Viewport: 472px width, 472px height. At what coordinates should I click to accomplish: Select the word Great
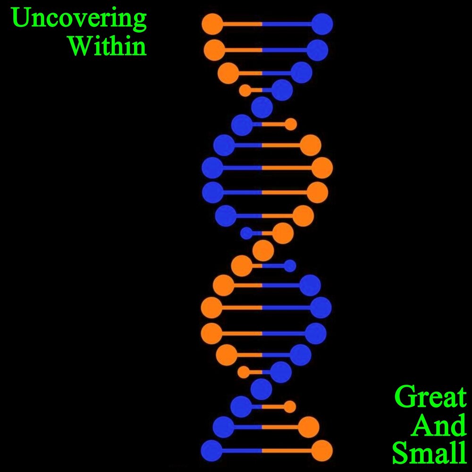coord(430,397)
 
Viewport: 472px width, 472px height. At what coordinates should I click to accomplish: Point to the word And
coord(439,425)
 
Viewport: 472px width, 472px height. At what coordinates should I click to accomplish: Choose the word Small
coord(430,453)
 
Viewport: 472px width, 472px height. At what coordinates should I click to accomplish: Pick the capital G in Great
coord(405,397)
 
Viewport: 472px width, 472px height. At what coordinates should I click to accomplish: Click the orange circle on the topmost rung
coord(212,24)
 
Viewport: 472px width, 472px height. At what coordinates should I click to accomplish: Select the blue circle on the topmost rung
coord(322,24)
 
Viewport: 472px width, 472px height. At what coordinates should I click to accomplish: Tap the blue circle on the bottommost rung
coord(211,451)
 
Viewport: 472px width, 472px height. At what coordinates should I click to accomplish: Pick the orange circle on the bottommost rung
coord(322,451)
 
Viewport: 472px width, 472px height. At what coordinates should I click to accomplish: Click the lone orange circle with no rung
coord(263,251)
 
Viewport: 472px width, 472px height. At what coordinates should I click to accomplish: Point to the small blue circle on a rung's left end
coord(246,233)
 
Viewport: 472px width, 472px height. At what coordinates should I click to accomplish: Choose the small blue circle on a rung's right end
coord(290,266)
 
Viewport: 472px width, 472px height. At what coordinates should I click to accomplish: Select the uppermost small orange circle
coord(245,91)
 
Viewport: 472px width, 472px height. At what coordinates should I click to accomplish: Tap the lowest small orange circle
coord(290,407)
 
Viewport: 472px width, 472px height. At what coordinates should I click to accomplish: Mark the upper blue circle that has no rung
coord(262,108)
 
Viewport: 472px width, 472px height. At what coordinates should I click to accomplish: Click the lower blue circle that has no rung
coord(261,389)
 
